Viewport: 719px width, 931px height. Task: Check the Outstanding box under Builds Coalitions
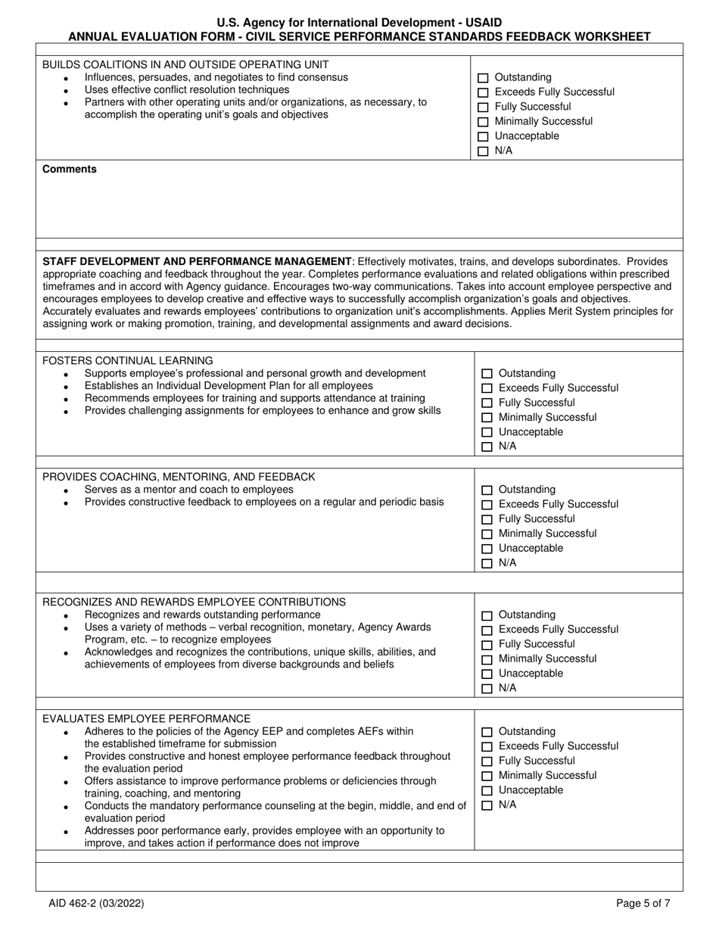click(x=483, y=78)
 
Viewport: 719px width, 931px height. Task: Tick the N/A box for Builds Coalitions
click(x=483, y=151)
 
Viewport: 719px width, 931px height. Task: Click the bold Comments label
click(x=70, y=170)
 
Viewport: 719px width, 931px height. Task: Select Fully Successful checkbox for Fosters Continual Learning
click(x=487, y=403)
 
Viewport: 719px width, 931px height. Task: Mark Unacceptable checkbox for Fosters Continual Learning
click(x=487, y=433)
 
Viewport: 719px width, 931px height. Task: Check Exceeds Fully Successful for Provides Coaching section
click(x=487, y=505)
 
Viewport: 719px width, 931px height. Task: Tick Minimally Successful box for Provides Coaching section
click(x=487, y=534)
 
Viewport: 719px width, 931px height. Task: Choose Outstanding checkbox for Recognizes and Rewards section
click(x=487, y=615)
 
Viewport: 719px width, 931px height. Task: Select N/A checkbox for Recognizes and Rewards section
click(x=487, y=689)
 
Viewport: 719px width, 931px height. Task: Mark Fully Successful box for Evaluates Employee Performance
click(x=487, y=761)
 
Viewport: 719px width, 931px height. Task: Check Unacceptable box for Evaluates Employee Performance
click(x=487, y=791)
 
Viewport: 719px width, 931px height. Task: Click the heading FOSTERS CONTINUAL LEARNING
click(x=128, y=361)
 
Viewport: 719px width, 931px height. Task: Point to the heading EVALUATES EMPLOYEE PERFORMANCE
click(x=146, y=718)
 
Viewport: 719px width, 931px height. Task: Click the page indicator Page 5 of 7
click(x=643, y=903)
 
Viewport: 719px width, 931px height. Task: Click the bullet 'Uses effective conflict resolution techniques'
click(x=187, y=90)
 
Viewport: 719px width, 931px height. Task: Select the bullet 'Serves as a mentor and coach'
click(x=188, y=490)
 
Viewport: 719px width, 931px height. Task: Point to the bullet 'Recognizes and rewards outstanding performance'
click(x=202, y=615)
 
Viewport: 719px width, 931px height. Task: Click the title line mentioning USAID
click(x=359, y=23)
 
